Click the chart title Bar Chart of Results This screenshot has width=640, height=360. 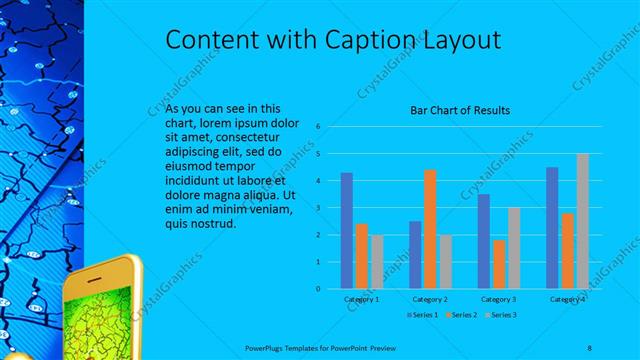(x=462, y=109)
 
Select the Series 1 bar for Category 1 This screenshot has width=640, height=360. (x=346, y=230)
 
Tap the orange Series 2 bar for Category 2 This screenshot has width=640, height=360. (x=430, y=229)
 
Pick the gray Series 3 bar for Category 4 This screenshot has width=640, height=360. (x=582, y=221)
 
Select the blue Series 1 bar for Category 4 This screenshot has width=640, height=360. (x=552, y=228)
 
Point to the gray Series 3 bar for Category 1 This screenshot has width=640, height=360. (x=376, y=262)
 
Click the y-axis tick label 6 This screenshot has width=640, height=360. (x=317, y=127)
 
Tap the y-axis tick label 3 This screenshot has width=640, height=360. (x=317, y=208)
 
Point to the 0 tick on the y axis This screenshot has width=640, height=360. (x=317, y=289)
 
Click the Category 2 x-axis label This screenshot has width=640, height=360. (x=430, y=299)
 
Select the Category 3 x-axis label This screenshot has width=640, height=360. (x=498, y=299)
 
